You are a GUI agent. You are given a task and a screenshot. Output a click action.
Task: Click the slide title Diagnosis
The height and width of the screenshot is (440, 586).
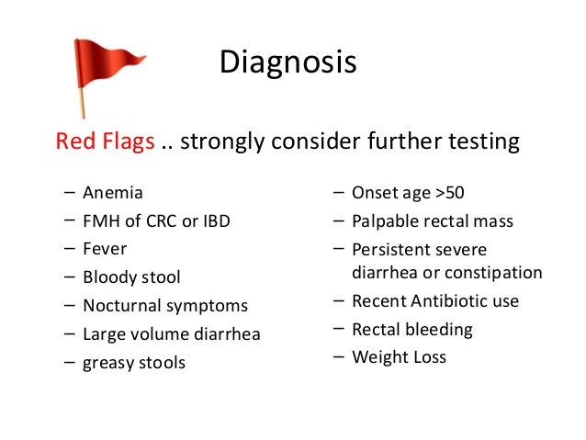point(287,63)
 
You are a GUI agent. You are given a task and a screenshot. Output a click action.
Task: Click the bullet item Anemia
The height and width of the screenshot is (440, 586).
point(112,194)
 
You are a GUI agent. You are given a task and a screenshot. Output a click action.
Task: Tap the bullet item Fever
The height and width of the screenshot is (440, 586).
point(105,249)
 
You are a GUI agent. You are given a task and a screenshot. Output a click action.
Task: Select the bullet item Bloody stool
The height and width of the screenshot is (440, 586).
point(131,277)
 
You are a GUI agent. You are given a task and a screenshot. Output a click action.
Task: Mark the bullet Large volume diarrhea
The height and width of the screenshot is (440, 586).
point(171,334)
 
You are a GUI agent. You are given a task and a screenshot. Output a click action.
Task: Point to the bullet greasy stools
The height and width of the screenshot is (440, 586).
point(133,363)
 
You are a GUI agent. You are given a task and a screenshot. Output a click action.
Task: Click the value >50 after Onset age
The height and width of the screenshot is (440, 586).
point(450,194)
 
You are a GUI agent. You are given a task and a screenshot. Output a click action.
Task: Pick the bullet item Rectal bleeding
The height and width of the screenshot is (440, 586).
point(411,329)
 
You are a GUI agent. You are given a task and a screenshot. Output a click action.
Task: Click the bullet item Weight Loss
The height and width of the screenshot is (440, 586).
point(399,357)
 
